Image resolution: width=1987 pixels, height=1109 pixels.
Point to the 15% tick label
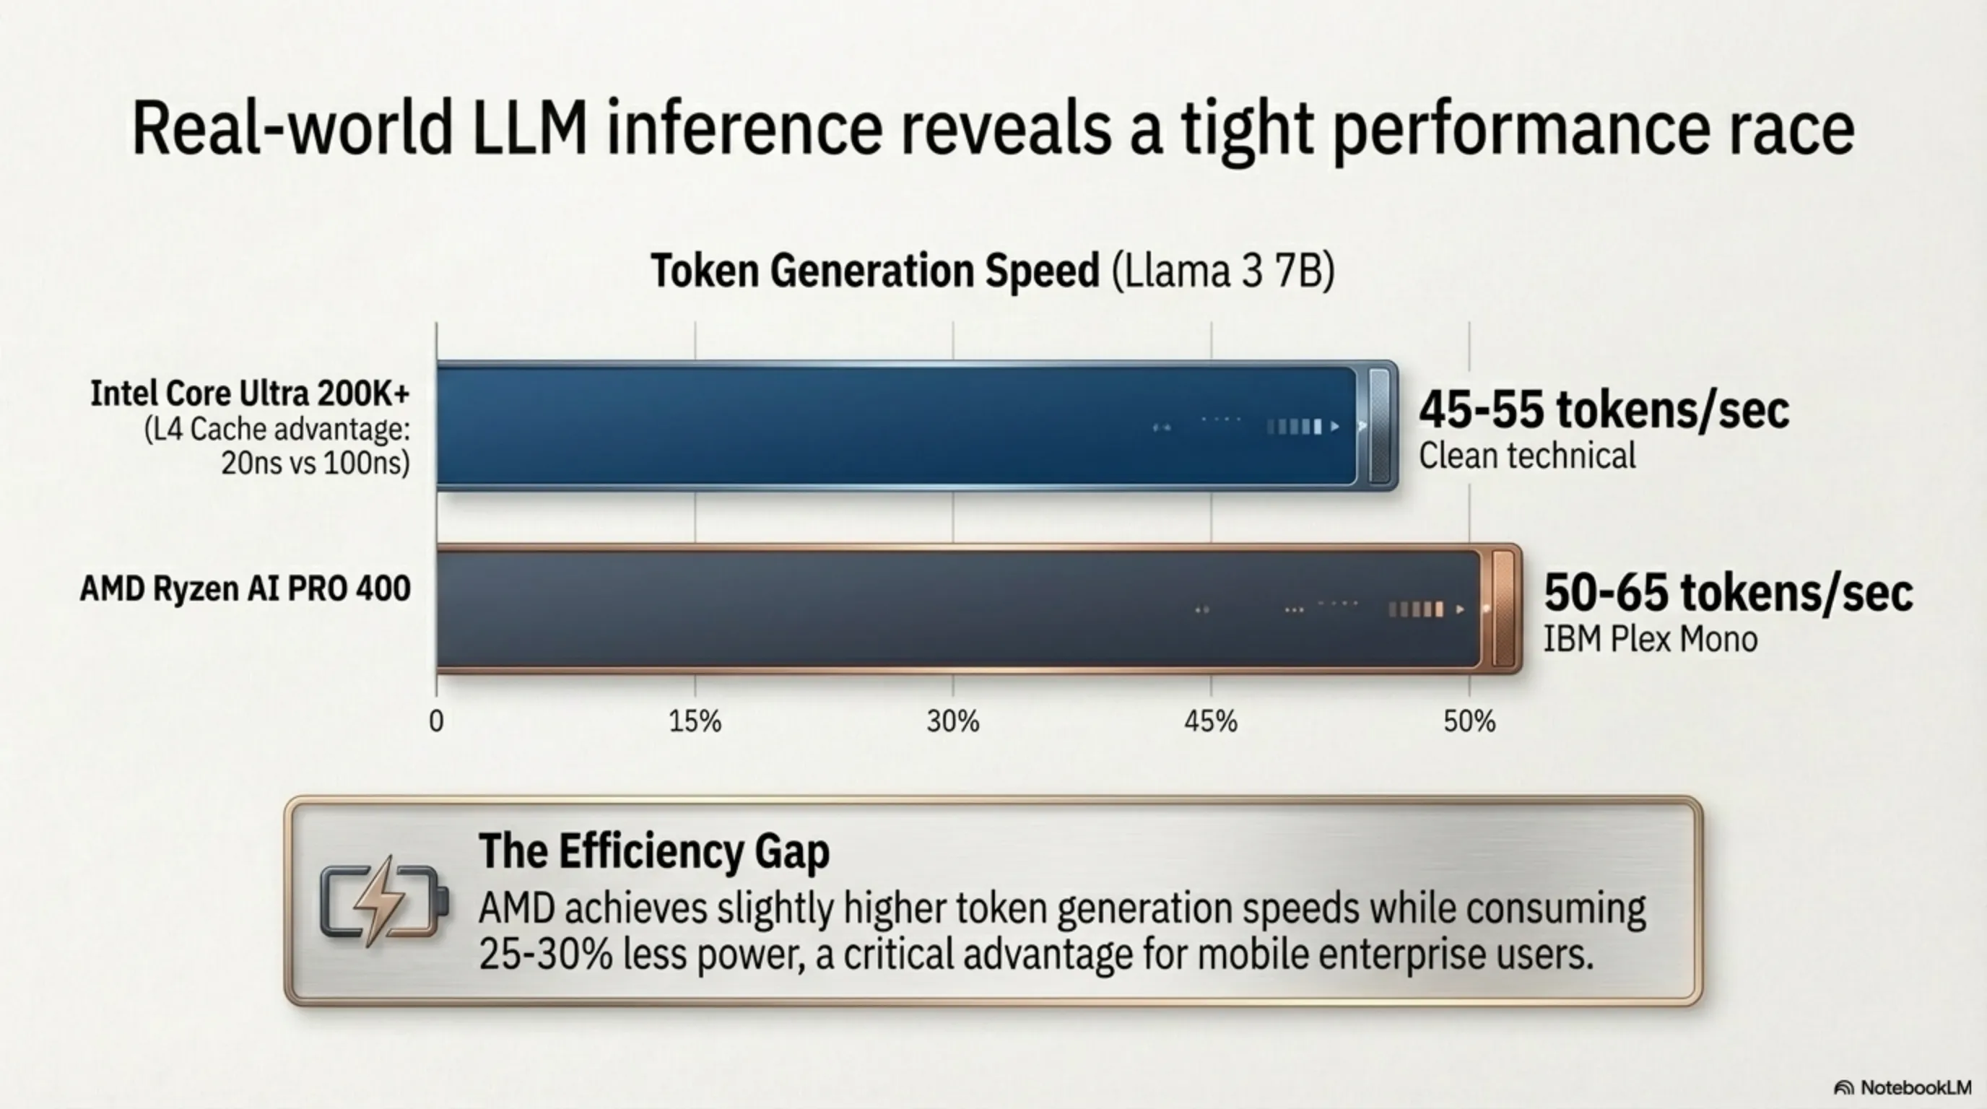pyautogui.click(x=694, y=722)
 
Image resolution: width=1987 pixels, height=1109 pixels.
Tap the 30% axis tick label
pyautogui.click(x=952, y=722)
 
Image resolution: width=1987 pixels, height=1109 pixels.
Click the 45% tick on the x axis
pyautogui.click(x=1210, y=722)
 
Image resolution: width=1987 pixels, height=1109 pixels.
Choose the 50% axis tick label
pyautogui.click(x=1469, y=722)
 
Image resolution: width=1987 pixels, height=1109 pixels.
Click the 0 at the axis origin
pyautogui.click(x=436, y=722)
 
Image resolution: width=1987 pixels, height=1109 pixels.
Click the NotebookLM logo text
pyautogui.click(x=1915, y=1087)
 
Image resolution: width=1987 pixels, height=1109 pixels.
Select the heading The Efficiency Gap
pyautogui.click(x=653, y=851)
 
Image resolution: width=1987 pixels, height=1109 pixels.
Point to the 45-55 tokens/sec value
pyautogui.click(x=1603, y=409)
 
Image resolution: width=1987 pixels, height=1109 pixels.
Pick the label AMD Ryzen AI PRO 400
pyautogui.click(x=245, y=589)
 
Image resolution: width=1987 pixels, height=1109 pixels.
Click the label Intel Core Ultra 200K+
pyautogui.click(x=250, y=393)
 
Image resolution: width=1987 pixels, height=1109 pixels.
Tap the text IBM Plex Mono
pyautogui.click(x=1649, y=639)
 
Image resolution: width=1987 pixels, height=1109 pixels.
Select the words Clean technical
pyautogui.click(x=1526, y=456)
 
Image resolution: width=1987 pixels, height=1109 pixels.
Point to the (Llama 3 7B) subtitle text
pyautogui.click(x=1222, y=271)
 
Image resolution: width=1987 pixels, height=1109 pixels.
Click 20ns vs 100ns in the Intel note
pyautogui.click(x=315, y=463)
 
